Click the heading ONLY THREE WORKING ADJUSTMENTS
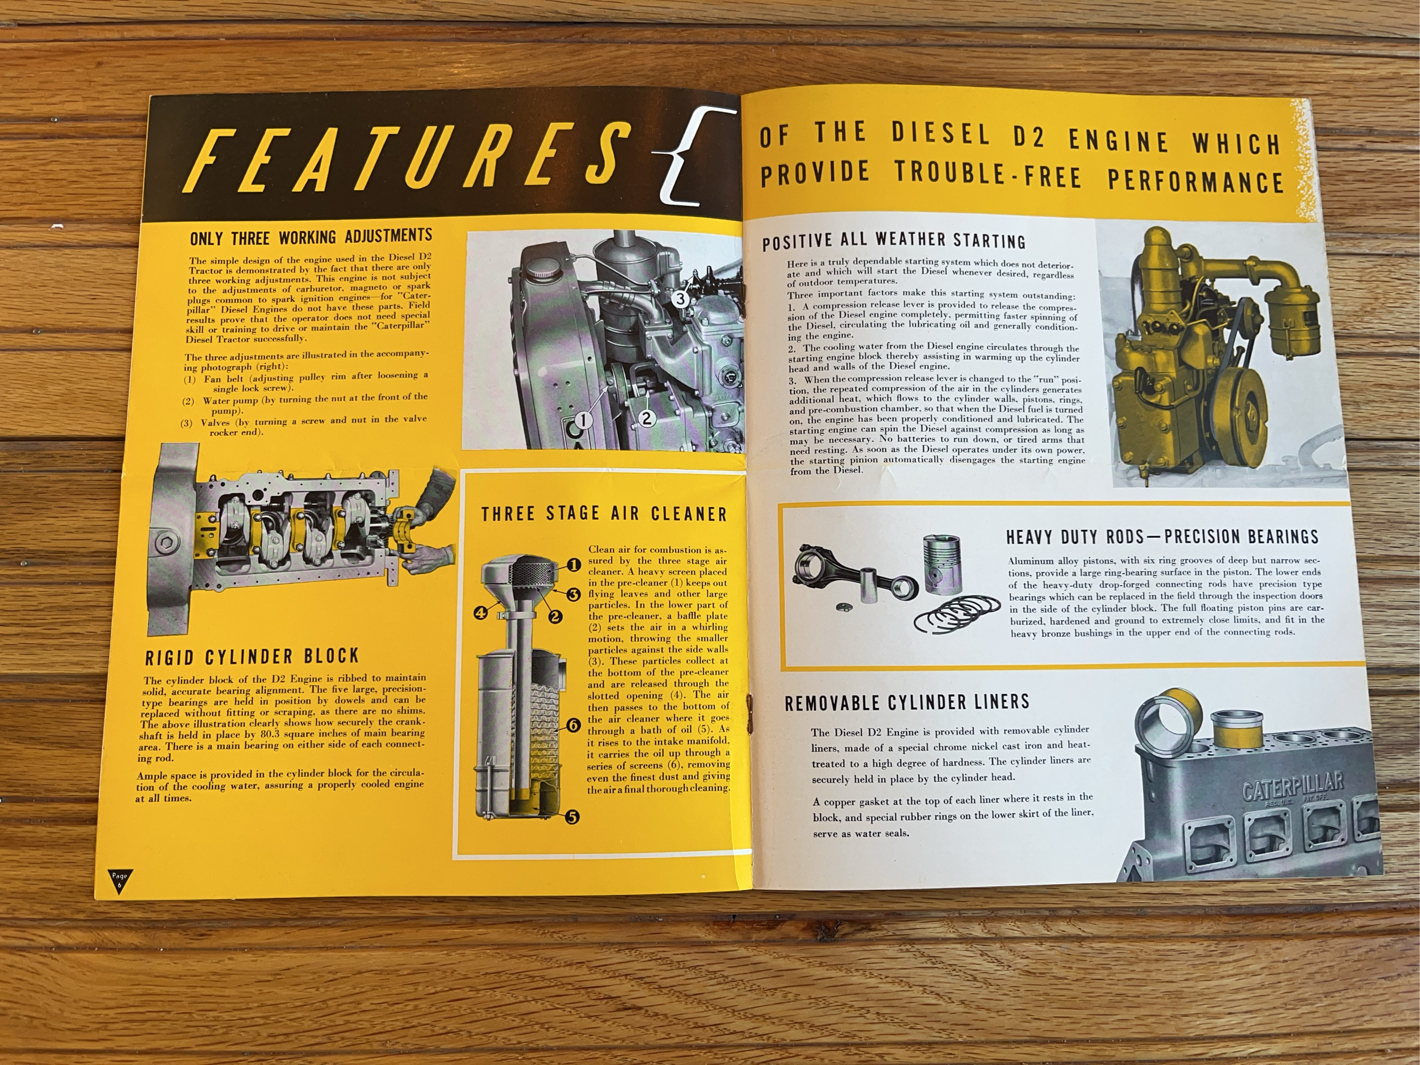coord(311,237)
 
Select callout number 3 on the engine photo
coord(680,299)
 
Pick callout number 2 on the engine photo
coord(646,419)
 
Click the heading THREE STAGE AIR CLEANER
coord(604,513)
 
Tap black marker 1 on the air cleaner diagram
coord(574,566)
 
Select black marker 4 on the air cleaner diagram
coord(480,612)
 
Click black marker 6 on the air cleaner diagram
coord(573,725)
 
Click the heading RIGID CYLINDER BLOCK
coord(252,657)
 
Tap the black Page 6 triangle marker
coord(119,880)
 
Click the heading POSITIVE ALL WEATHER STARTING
coord(893,241)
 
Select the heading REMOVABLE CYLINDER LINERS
coord(907,702)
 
